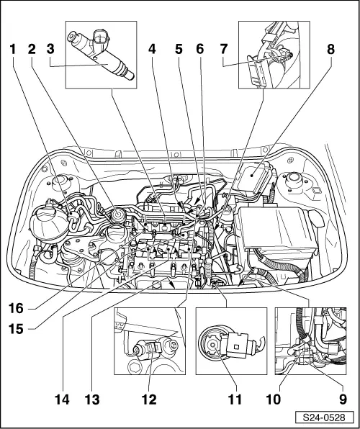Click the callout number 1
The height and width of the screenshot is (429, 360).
12,50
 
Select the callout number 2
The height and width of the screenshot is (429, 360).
32,50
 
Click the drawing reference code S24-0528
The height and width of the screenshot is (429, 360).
323,417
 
